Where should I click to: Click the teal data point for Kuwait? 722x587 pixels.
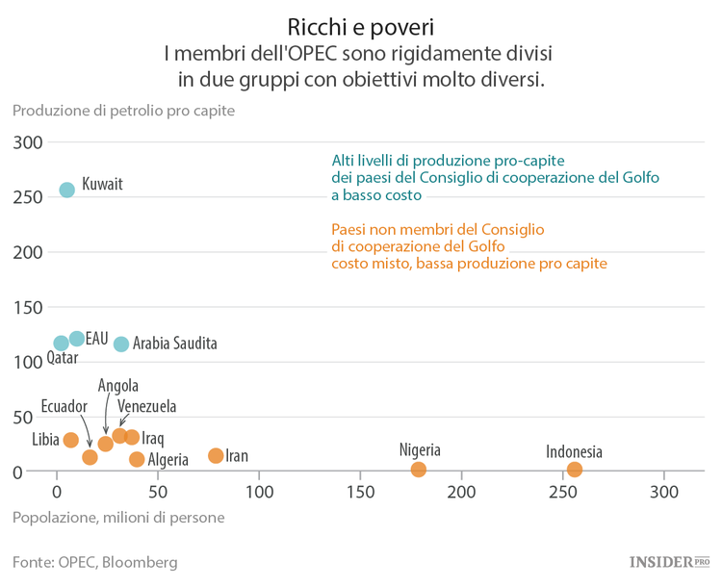tap(66, 190)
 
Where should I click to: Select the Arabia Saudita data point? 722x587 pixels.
tap(121, 344)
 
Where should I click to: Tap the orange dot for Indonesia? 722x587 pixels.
tap(575, 470)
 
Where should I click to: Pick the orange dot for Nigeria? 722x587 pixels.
tap(419, 470)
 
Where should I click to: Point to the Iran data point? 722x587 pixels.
tap(216, 455)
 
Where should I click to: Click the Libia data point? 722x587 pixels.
tap(70, 440)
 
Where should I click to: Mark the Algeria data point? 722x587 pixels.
tap(137, 459)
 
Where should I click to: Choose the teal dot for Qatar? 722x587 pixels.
tap(61, 344)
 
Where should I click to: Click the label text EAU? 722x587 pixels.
tap(96, 339)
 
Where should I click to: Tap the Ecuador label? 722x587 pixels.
tap(64, 406)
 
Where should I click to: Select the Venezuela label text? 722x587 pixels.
tap(146, 407)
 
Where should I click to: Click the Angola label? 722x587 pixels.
tap(118, 386)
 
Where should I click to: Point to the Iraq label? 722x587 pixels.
tap(153, 439)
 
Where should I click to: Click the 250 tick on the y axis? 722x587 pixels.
tap(29, 197)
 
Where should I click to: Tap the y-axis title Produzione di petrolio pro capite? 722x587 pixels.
tap(123, 111)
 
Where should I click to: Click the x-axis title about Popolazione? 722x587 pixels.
tap(118, 518)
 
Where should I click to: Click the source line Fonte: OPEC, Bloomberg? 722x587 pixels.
tap(94, 562)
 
